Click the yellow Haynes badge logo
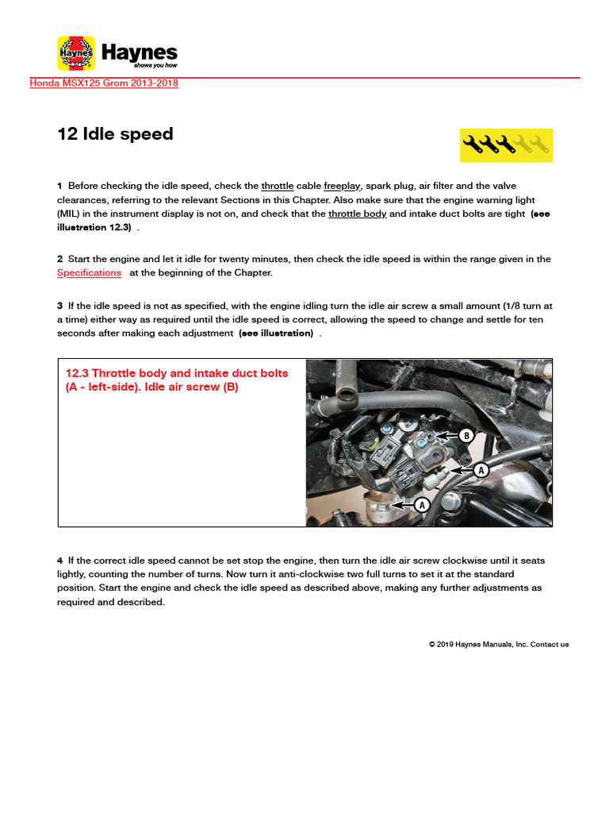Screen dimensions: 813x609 (76, 53)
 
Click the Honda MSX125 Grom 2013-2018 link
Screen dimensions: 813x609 (104, 83)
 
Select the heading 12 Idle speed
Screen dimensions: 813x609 (115, 134)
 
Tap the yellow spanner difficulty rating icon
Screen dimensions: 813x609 (506, 144)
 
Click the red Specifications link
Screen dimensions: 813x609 (89, 272)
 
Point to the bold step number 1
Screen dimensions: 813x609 (59, 186)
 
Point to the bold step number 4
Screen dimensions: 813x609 (59, 561)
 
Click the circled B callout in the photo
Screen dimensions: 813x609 (466, 435)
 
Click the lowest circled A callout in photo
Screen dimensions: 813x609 (421, 504)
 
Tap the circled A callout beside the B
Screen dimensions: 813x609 (480, 470)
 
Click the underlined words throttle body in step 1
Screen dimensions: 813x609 (357, 214)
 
